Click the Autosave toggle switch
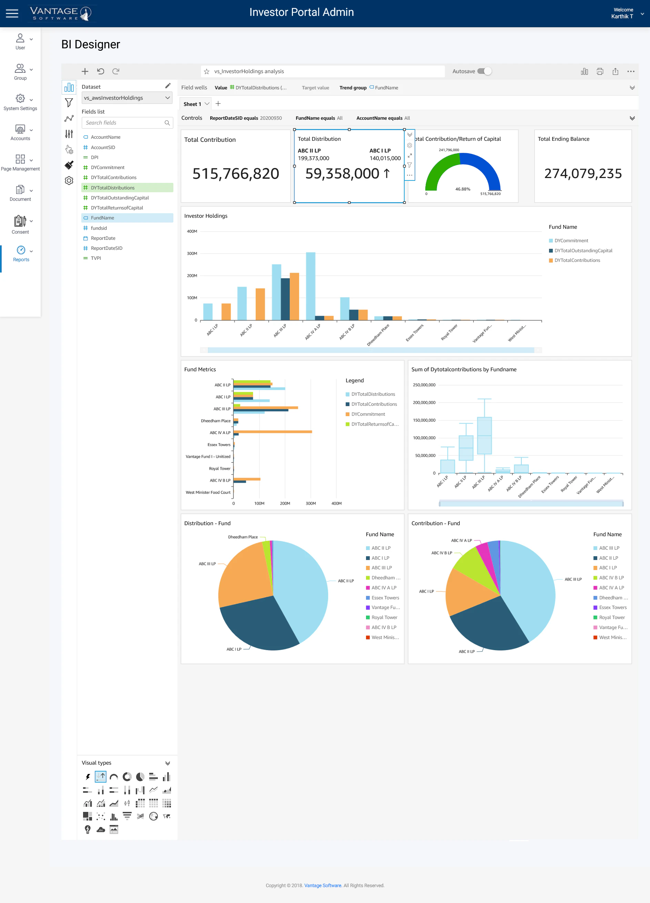[x=485, y=71]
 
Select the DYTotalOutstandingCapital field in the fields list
[x=119, y=198]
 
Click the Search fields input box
[x=123, y=122]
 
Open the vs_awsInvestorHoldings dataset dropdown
[x=127, y=98]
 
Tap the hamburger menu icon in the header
[x=12, y=13]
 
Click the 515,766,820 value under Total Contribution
[x=235, y=174]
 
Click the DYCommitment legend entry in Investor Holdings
[x=571, y=241]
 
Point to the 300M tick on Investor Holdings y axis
[x=192, y=254]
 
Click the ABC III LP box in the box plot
[x=484, y=435]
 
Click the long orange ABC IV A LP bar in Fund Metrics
[x=274, y=432]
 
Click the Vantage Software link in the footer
[x=323, y=885]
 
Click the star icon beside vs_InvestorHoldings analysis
[x=206, y=72]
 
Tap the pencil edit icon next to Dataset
[x=168, y=86]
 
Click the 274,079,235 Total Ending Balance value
[x=582, y=174]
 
